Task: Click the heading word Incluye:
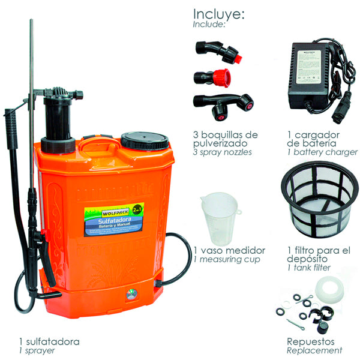[218, 14]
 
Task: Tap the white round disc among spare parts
[326, 290]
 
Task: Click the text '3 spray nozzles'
[223, 152]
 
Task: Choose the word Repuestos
[311, 341]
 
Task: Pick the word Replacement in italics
[314, 350]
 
